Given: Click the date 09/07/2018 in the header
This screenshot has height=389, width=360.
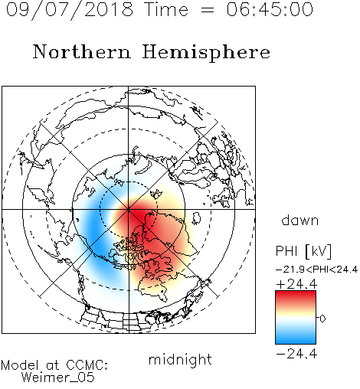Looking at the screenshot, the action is [x=70, y=10].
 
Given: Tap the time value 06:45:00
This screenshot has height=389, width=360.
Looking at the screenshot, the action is [x=270, y=9].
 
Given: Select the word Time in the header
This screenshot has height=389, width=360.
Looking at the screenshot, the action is [x=166, y=9].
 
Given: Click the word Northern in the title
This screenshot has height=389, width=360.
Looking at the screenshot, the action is [x=82, y=51].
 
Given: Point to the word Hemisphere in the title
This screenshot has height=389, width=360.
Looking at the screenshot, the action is [x=206, y=53].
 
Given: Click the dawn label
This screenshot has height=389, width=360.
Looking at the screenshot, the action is [x=300, y=220].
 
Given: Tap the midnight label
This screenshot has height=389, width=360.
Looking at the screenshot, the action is [x=180, y=359].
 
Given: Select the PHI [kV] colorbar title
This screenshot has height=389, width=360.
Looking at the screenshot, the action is [x=303, y=251].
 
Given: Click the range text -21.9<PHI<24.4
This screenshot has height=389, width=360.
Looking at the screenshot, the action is [x=316, y=270].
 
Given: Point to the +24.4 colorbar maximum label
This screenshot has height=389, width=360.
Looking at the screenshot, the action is [x=296, y=284].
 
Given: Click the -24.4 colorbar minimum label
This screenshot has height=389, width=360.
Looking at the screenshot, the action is [x=296, y=354].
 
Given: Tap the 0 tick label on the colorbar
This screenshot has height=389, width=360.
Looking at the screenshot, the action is [x=322, y=319].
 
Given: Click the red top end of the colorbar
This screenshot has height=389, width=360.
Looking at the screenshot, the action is [x=296, y=293].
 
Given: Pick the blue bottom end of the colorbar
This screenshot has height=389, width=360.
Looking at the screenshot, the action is [x=296, y=342].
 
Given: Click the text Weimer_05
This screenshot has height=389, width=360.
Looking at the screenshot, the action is [x=58, y=378].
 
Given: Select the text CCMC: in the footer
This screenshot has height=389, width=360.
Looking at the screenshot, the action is [x=87, y=365].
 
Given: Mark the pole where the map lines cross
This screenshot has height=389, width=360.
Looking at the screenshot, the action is [x=129, y=209].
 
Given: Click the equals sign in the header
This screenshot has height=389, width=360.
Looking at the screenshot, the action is [x=208, y=10].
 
